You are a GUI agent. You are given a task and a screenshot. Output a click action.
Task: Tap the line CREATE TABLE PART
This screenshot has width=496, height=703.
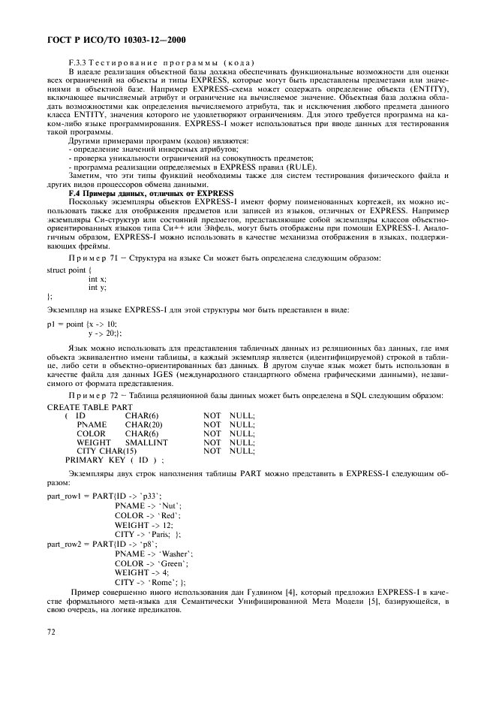[90, 406]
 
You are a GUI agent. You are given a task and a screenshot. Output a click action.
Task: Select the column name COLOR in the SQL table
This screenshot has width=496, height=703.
[91, 433]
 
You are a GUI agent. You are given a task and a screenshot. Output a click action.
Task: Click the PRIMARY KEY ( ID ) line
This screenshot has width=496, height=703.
[115, 460]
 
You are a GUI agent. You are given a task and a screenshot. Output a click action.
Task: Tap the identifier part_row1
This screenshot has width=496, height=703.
[68, 496]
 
